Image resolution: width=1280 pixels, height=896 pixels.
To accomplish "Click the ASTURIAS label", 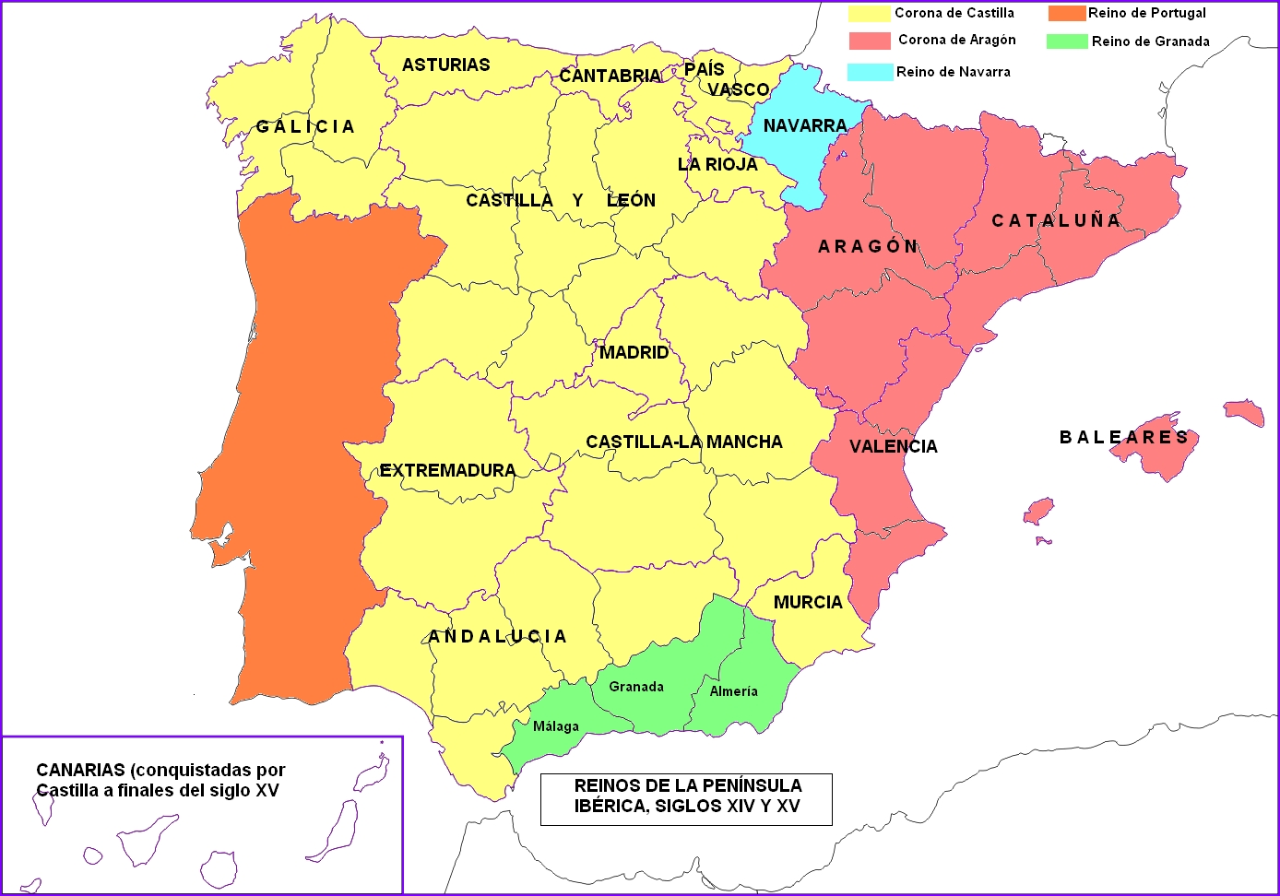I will coord(445,65).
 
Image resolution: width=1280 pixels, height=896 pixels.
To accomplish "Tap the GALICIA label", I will coord(305,126).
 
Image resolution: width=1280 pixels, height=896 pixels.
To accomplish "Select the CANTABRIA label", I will coord(610,76).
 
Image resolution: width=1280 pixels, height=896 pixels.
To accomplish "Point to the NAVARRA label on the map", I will coord(804,125).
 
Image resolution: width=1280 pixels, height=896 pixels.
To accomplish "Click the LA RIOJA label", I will coord(717,164).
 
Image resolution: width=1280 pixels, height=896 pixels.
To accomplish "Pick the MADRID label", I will coord(634,352).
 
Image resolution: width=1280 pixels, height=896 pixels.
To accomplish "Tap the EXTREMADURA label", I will coord(447,470).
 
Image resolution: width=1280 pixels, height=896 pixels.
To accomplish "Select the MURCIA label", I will coord(808,602).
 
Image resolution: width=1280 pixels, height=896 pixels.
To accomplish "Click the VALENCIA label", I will coord(893,446).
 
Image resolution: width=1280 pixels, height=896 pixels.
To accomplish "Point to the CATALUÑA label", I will coord(1056,220).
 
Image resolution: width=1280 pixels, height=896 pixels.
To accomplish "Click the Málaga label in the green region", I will coord(556,726).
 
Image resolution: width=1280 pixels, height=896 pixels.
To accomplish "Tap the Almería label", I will coord(733,691).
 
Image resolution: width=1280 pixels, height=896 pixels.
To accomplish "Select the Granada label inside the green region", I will coord(636,687).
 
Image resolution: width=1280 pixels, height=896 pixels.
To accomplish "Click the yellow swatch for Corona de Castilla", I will coord(869,14).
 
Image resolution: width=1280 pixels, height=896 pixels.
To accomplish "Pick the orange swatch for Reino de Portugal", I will coord(1066,14).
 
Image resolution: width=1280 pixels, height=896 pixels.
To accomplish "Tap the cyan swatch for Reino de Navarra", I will coord(870,72).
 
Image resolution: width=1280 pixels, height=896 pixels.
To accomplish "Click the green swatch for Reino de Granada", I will coord(1067,41).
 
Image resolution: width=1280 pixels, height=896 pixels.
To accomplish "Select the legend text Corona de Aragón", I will coord(956,40).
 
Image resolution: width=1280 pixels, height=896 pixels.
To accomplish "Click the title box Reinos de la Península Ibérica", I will coord(687,796).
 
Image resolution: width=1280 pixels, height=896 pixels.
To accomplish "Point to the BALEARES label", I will coord(1123,437).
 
